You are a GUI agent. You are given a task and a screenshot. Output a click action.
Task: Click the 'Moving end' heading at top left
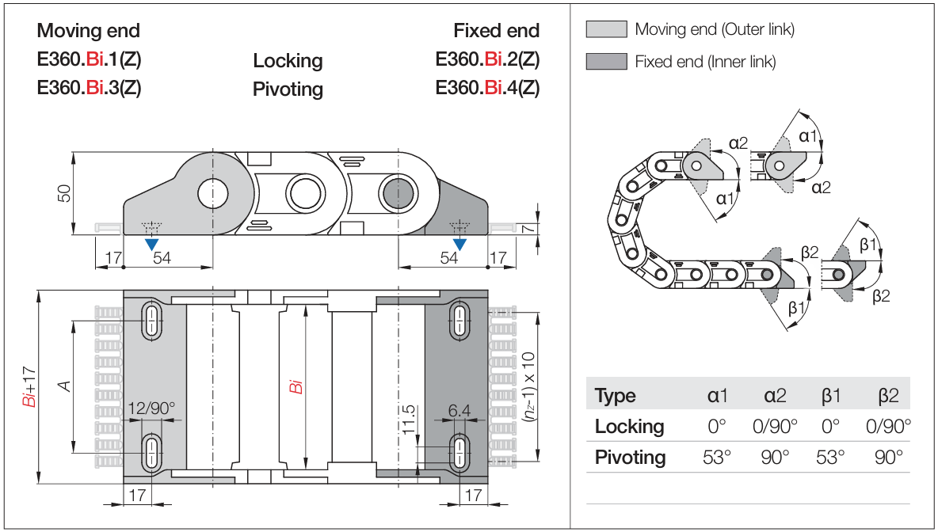click(88, 31)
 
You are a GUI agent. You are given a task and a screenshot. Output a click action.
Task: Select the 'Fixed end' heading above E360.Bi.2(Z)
click(496, 31)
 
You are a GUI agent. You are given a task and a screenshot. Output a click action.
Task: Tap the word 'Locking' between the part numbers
click(288, 61)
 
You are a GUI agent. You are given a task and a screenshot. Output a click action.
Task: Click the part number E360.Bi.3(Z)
click(89, 87)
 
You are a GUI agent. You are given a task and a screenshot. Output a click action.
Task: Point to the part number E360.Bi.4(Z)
click(487, 87)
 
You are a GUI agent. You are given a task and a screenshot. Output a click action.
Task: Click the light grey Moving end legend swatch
click(605, 30)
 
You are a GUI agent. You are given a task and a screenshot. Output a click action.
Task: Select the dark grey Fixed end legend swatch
click(605, 61)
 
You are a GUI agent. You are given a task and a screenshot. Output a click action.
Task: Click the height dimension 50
click(66, 193)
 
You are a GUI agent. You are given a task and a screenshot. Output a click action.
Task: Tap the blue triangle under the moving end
click(151, 244)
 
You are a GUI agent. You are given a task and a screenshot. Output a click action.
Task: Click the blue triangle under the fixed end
click(459, 244)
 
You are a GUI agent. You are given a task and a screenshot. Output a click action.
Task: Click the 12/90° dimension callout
click(151, 409)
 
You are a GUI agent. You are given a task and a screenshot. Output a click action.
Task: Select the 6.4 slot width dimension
click(459, 410)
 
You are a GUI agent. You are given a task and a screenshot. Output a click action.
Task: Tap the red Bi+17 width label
click(30, 388)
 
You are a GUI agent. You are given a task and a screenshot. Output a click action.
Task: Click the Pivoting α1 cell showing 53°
click(717, 458)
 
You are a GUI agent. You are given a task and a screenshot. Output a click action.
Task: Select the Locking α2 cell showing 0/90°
click(775, 427)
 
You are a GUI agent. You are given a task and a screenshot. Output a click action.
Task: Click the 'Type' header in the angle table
click(615, 396)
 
